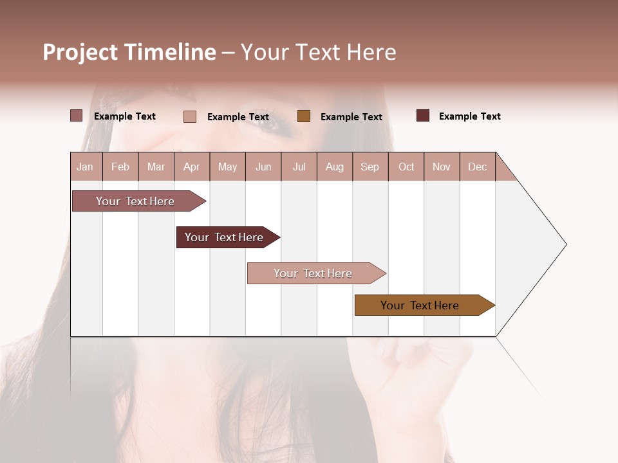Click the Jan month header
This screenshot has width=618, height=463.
pyautogui.click(x=85, y=167)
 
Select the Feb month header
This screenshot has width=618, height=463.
pyautogui.click(x=120, y=167)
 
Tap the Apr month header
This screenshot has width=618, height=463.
pyautogui.click(x=191, y=167)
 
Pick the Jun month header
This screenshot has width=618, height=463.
pyautogui.click(x=263, y=167)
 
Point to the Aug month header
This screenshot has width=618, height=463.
pyautogui.click(x=334, y=167)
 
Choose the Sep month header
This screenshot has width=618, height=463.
pyautogui.click(x=370, y=167)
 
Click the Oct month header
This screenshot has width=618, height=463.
pyautogui.click(x=406, y=167)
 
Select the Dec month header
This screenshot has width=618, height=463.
pyautogui.click(x=477, y=167)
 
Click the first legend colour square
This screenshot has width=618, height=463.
pyautogui.click(x=77, y=116)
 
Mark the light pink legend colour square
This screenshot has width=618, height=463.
pyautogui.click(x=190, y=116)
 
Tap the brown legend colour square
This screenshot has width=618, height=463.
pyautogui.click(x=304, y=116)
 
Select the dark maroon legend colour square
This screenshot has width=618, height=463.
pyautogui.click(x=423, y=116)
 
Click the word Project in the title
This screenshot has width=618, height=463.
pyautogui.click(x=80, y=52)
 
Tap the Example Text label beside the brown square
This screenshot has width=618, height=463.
pyautogui.click(x=351, y=117)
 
